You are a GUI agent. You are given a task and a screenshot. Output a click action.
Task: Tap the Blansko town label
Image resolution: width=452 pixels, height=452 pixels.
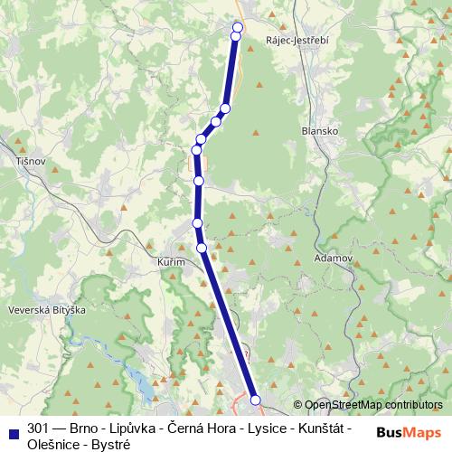(319, 130)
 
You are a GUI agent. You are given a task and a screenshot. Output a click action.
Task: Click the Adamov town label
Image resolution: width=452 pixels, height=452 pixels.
(331, 258)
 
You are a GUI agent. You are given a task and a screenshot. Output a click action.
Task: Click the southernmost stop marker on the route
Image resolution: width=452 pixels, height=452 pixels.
(255, 400)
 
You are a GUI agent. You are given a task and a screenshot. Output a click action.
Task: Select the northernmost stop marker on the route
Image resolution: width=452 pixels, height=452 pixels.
(239, 26)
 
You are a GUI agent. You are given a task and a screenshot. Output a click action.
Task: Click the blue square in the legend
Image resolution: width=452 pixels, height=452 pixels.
(13, 428)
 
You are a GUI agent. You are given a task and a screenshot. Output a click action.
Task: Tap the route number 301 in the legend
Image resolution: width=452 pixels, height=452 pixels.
(38, 427)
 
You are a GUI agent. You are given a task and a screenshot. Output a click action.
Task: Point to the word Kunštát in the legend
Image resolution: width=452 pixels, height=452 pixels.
(322, 427)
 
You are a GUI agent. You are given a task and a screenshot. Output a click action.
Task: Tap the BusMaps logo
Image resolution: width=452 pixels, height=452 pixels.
(410, 433)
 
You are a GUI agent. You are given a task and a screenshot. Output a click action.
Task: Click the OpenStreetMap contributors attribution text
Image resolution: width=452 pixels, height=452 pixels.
(373, 405)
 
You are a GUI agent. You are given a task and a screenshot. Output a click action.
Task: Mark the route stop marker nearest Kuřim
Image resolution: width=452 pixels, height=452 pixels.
(202, 247)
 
